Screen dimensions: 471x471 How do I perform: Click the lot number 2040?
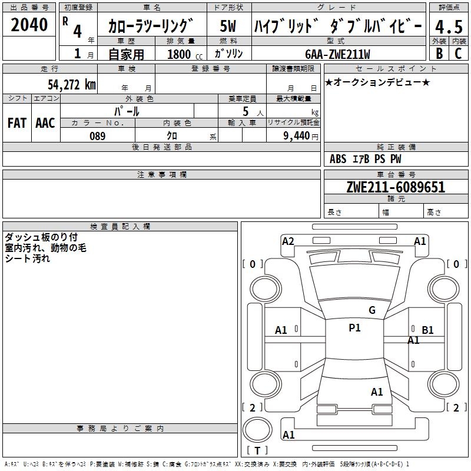[29, 25]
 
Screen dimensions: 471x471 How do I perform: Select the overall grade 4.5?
[449, 27]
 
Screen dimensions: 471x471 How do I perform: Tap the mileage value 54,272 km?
[72, 85]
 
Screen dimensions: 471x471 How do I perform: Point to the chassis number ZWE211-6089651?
[396, 187]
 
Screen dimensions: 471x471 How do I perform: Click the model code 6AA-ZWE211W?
[337, 54]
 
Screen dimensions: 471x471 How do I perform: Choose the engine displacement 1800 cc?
[185, 54]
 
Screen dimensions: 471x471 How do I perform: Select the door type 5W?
[228, 26]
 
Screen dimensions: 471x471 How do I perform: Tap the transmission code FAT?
[17, 123]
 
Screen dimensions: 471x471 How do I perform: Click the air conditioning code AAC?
[45, 123]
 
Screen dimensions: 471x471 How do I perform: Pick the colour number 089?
[98, 136]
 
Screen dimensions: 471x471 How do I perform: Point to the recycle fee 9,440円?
[301, 136]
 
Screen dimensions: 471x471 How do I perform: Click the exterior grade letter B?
[439, 54]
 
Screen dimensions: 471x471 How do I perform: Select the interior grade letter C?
[458, 54]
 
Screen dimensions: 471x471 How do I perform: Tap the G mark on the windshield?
[372, 310]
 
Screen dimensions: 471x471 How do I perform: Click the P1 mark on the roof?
[355, 328]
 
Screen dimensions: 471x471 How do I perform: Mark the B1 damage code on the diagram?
[428, 330]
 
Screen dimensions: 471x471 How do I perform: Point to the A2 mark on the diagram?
[288, 241]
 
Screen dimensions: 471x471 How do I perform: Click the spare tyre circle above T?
[257, 430]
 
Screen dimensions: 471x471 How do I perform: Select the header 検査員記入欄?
[120, 227]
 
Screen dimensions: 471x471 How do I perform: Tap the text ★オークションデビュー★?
[377, 82]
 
